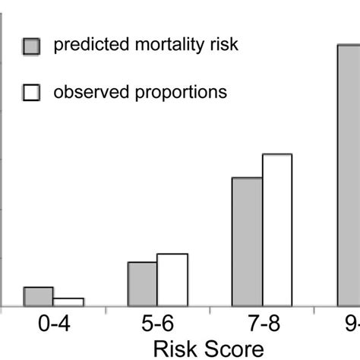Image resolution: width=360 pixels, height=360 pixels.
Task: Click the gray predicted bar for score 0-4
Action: (39, 296)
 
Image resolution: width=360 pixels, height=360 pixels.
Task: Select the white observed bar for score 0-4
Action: (68, 302)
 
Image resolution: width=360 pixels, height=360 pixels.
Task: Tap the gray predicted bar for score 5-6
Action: (142, 283)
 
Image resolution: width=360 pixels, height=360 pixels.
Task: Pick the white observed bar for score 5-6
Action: (172, 279)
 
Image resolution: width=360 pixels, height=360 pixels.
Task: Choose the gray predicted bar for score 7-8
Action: (247, 242)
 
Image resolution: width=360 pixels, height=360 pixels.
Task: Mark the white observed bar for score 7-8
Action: (276, 229)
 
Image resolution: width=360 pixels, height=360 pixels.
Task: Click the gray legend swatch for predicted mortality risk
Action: (32, 45)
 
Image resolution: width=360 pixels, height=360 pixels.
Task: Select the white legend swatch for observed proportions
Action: (32, 93)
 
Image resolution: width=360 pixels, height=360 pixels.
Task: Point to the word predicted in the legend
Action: (82, 45)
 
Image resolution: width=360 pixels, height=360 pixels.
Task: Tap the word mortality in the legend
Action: (161, 45)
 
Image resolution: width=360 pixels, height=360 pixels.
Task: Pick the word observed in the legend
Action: (83, 93)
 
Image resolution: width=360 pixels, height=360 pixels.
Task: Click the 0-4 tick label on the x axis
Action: (54, 324)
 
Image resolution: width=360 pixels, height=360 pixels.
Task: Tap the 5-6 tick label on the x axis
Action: (157, 324)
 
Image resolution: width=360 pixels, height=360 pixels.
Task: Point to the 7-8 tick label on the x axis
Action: (261, 324)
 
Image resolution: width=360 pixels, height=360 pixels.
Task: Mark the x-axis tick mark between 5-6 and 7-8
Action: (210, 311)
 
